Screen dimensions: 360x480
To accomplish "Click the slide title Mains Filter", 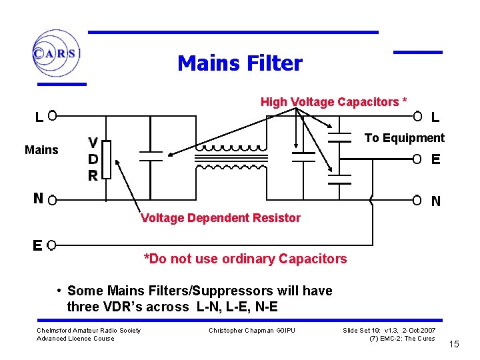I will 239,64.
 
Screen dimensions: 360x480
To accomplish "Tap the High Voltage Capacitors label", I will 333,102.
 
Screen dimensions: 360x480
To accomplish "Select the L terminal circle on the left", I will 51,116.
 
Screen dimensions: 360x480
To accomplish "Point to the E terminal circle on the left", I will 51,245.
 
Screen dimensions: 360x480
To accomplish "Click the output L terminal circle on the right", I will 417,116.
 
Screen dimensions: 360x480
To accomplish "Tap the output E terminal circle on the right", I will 417,159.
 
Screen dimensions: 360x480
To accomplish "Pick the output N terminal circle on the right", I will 417,199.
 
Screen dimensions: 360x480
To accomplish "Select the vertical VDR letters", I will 94,159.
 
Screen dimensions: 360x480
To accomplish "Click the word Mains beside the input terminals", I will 41,150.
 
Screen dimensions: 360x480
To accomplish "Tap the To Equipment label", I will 404,138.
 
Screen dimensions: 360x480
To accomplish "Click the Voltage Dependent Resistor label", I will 221,218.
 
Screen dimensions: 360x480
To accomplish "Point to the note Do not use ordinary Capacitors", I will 245,259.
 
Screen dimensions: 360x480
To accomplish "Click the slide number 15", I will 454,344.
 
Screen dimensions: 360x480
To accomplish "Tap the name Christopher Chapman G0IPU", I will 252,331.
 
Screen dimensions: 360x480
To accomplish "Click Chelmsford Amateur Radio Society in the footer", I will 89,331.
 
